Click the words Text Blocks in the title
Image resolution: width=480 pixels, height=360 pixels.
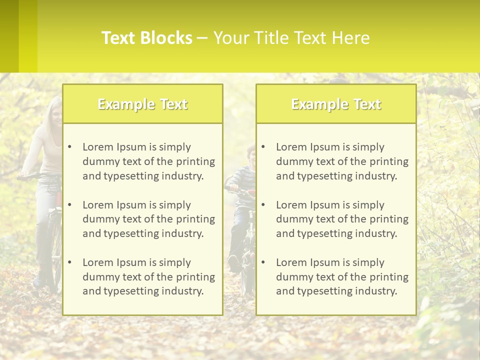point(146,38)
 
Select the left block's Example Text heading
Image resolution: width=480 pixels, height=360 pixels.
point(142,104)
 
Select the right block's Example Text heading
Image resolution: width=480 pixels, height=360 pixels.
point(336,104)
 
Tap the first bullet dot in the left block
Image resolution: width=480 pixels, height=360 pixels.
point(69,147)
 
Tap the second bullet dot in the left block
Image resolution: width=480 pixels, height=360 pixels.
point(69,205)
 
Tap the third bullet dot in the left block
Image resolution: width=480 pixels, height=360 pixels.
point(69,262)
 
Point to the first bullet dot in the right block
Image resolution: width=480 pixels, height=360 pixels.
point(263,147)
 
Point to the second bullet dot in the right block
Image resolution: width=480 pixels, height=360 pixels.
point(263,205)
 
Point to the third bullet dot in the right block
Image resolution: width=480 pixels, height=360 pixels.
point(263,262)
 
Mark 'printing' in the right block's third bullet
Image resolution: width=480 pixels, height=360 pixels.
point(389,277)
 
